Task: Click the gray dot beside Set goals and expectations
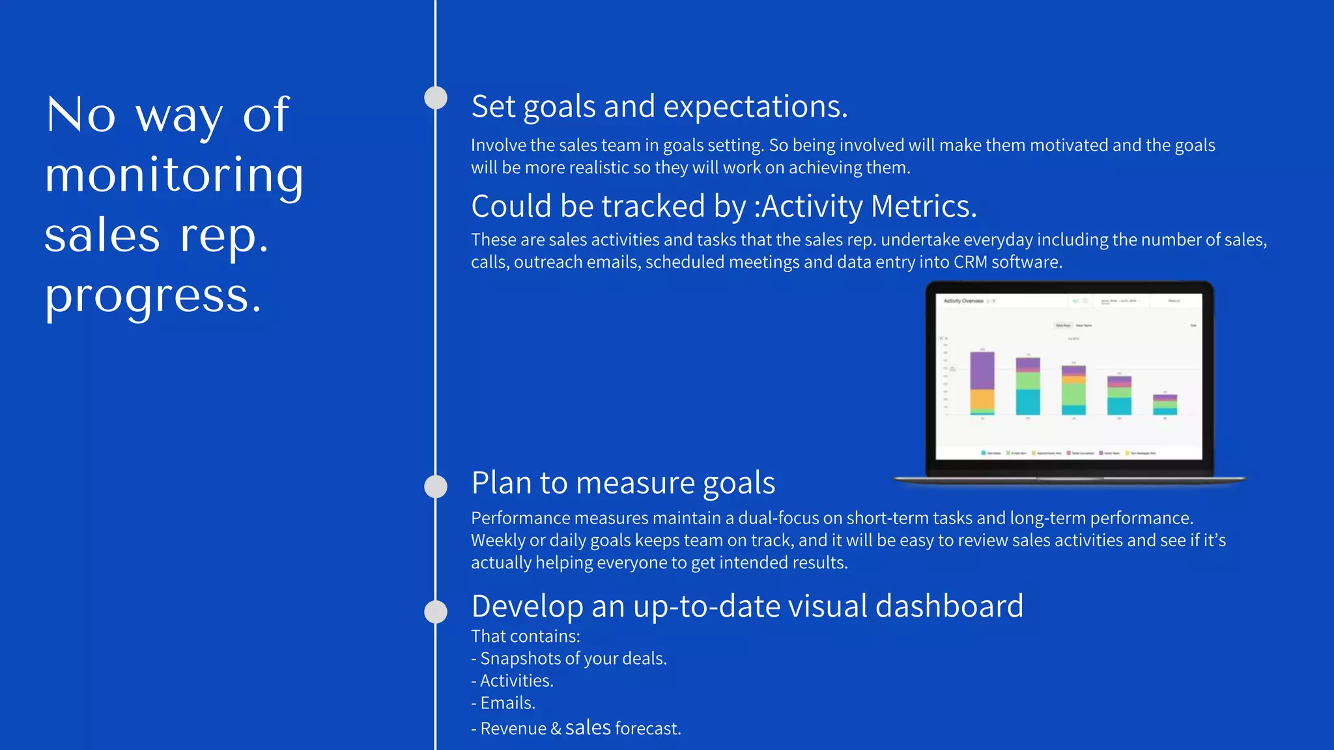coord(436,98)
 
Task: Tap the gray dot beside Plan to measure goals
coord(436,486)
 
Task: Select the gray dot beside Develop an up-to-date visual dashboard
coord(436,611)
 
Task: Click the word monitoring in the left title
coord(174,176)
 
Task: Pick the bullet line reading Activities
coord(513,681)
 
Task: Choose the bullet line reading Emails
coord(504,703)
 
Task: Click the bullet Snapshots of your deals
coord(569,659)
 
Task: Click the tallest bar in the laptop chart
coord(982,383)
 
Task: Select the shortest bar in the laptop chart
coord(1165,404)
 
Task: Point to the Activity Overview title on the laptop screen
coord(963,301)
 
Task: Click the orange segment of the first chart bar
coord(982,398)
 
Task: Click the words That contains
coord(525,637)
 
